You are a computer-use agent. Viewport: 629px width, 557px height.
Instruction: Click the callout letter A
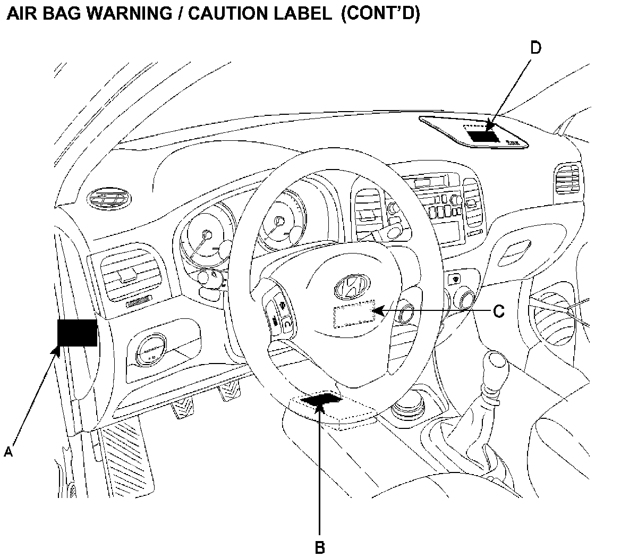click(x=8, y=452)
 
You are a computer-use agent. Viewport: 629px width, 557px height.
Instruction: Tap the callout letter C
click(x=498, y=311)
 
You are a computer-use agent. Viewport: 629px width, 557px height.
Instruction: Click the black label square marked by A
click(x=77, y=332)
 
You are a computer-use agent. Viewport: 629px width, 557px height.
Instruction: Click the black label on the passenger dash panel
click(x=484, y=134)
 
